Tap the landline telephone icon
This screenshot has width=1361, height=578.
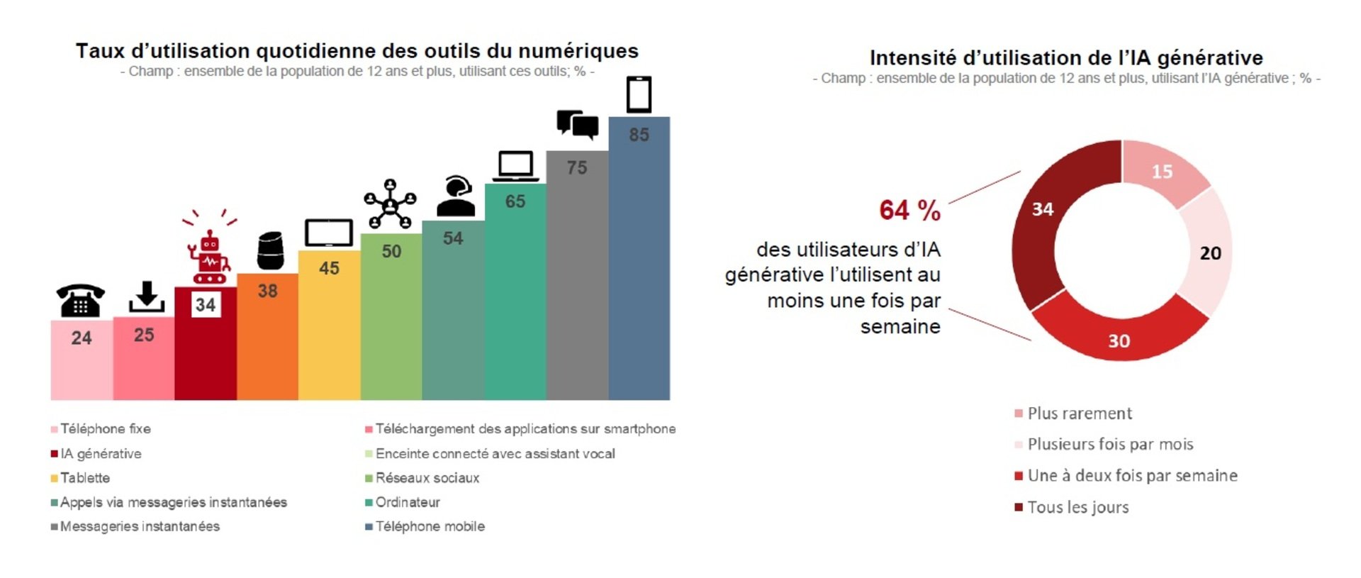tap(81, 301)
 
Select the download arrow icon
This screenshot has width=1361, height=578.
tap(147, 297)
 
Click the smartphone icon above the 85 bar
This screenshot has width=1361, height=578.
tap(639, 94)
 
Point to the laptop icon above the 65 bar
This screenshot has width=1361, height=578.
tap(515, 167)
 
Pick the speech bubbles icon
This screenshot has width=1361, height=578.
tap(577, 125)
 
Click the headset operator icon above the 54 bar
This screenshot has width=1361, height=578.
tap(455, 196)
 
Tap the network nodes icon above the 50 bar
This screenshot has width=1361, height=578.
tap(390, 205)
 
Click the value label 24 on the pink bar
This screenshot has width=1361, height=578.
tap(82, 338)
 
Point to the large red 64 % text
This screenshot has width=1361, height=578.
tap(909, 211)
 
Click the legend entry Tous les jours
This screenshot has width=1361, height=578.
tap(1077, 508)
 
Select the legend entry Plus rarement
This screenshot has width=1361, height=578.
tap(1079, 413)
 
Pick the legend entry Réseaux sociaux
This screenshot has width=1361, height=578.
tap(427, 478)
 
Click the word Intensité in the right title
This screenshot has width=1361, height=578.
tap(912, 58)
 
